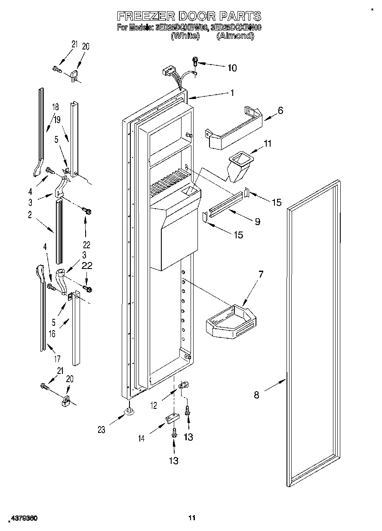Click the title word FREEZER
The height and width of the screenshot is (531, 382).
coord(144,16)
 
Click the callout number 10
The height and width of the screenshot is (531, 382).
coord(232,68)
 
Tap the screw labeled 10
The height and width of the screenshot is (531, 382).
coord(194,61)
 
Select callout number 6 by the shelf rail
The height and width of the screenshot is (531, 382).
coord(280,110)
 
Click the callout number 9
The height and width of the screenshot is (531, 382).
coord(257,222)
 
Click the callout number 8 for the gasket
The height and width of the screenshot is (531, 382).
coord(256,395)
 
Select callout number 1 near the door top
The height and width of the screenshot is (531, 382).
coord(232,93)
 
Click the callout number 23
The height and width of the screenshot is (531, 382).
coord(102,429)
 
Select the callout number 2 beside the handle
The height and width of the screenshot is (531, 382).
coord(30,215)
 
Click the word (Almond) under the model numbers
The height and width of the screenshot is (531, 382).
coord(235,36)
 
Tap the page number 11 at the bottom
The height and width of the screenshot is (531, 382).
coord(192,518)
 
